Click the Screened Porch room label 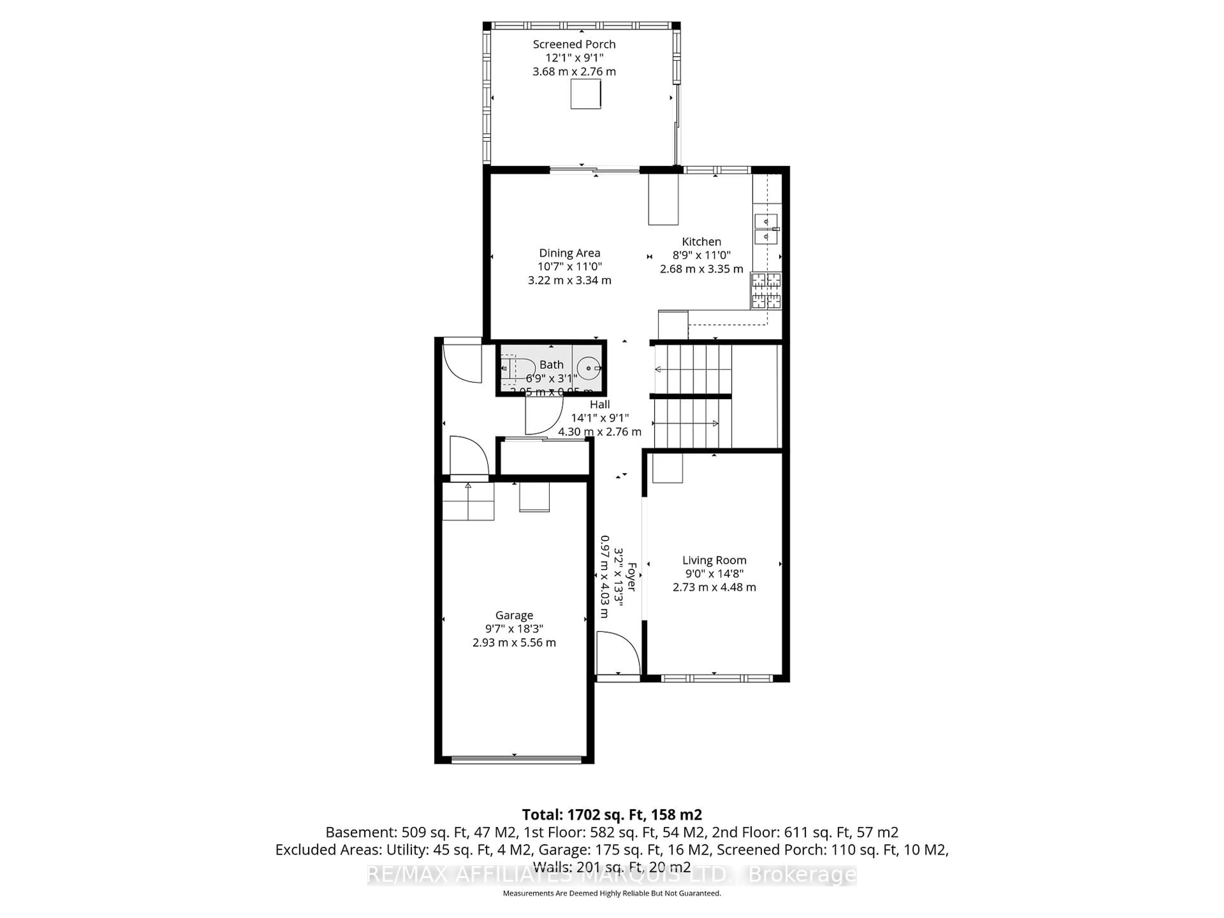pos(574,44)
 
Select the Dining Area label pos(569,253)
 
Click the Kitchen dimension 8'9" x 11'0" pos(701,255)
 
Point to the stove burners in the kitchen pos(766,290)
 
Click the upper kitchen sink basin pos(766,221)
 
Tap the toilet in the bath pos(517,368)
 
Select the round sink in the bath pos(588,368)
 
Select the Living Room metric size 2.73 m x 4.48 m pos(714,587)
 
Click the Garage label pos(514,615)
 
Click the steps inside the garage pos(468,501)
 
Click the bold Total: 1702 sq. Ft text pos(611,814)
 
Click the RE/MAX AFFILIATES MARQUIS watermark pos(611,875)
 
